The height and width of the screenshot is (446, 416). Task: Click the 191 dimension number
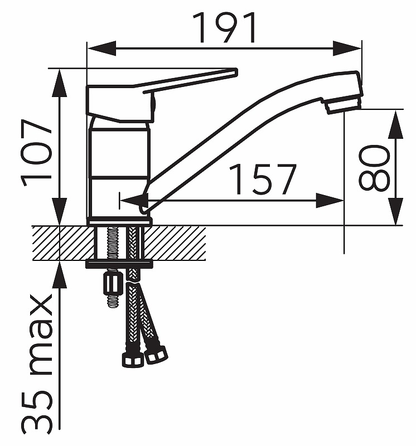click(x=224, y=27)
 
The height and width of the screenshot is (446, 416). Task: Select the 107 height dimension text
click(x=36, y=152)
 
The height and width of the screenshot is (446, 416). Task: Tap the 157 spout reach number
click(x=262, y=179)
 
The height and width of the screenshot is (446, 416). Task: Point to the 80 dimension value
click(x=374, y=168)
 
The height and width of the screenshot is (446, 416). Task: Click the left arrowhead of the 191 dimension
click(x=101, y=49)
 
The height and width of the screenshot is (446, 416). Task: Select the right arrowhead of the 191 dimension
click(x=347, y=49)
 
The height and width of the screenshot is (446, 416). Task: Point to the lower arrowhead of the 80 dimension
click(x=395, y=211)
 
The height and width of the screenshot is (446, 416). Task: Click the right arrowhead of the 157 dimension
click(x=330, y=201)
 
